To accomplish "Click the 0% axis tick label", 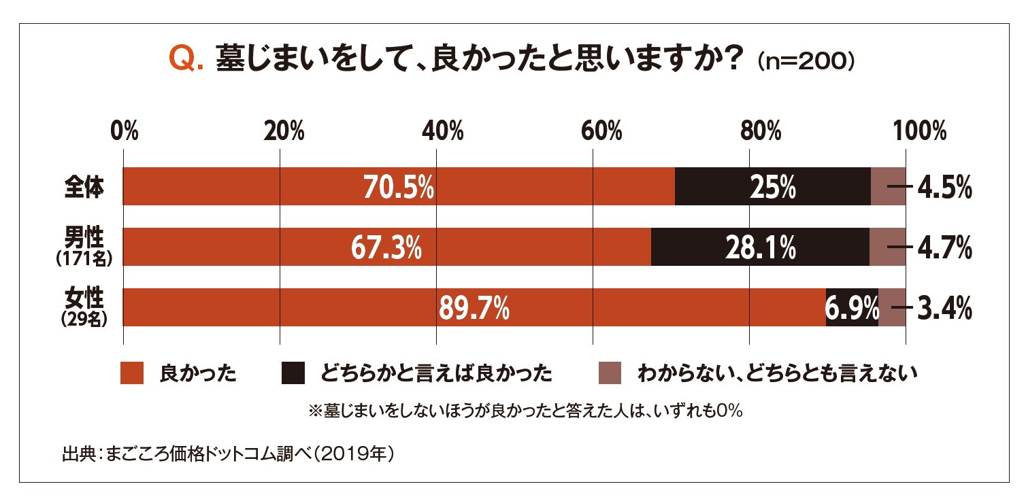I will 125,131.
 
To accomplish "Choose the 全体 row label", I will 84,187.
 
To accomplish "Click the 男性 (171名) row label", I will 83,246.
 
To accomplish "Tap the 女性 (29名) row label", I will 83,307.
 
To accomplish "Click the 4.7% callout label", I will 944,249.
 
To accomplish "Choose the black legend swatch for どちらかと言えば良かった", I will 293,373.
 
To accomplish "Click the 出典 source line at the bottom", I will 228,453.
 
